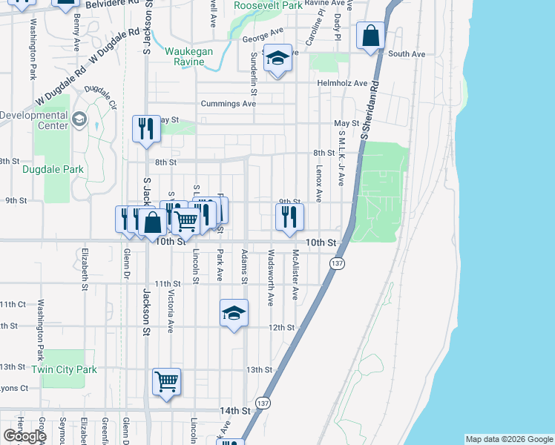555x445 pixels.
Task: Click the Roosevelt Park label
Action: click(x=268, y=5)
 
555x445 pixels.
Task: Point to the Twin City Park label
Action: click(x=65, y=369)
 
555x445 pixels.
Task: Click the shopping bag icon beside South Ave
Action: click(x=370, y=36)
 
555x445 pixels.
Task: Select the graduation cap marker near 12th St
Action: click(x=234, y=313)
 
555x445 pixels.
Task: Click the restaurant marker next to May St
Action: click(x=146, y=128)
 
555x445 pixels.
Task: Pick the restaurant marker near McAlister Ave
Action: click(x=289, y=217)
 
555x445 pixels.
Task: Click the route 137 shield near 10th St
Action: click(x=338, y=264)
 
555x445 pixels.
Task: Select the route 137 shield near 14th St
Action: click(x=263, y=403)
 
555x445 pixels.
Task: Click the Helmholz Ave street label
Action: click(x=342, y=83)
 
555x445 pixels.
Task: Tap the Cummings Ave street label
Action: click(x=227, y=104)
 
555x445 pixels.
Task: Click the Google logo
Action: click(x=24, y=436)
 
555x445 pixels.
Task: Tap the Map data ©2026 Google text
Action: click(x=508, y=439)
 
